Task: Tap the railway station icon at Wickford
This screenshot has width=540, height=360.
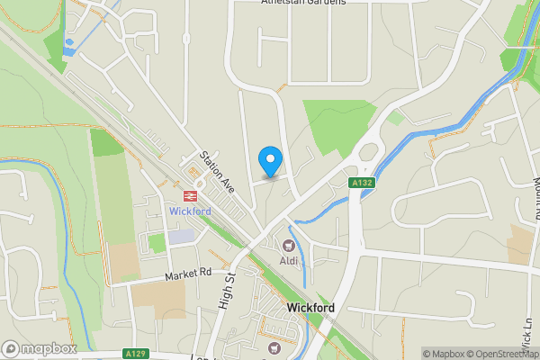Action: tap(191, 194)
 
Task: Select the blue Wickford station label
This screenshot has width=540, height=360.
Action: tap(190, 211)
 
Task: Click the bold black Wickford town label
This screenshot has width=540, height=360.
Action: tap(310, 308)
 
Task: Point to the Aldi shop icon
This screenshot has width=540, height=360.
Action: tap(289, 245)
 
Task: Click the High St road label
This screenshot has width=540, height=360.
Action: tap(226, 291)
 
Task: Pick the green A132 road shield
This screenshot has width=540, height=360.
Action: tap(362, 184)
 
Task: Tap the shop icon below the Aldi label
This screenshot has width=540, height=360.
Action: tap(275, 346)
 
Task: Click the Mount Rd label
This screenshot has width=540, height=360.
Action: tap(529, 193)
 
